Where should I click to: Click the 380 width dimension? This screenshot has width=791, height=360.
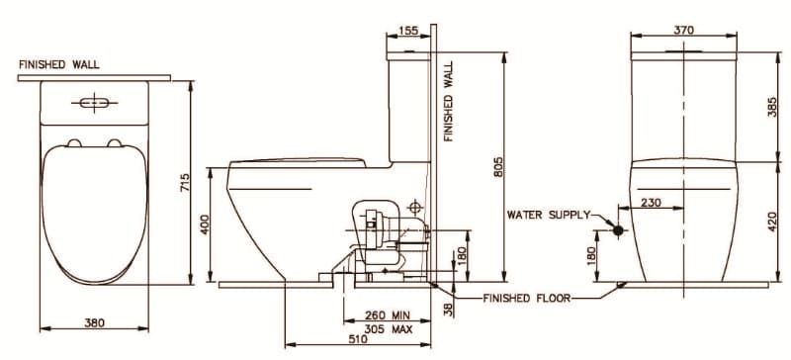point(96,322)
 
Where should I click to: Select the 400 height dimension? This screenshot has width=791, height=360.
point(206,225)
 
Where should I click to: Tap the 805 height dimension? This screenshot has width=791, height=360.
point(499,168)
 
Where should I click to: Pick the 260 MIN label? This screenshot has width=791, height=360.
point(387,316)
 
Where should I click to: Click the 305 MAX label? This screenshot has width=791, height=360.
point(387,328)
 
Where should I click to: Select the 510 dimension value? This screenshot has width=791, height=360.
point(357,339)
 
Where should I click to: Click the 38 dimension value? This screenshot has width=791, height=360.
point(448,310)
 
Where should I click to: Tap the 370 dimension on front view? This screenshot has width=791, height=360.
point(683,31)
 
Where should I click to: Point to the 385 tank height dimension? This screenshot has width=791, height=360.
point(773,108)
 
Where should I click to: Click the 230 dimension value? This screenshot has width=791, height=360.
point(651,203)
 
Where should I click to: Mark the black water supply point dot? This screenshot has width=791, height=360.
point(618,230)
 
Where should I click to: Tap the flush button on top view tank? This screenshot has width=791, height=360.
point(95,102)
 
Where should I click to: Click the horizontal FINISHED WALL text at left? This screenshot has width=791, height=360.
point(58,64)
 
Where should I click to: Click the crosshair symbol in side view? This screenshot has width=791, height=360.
point(414,208)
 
